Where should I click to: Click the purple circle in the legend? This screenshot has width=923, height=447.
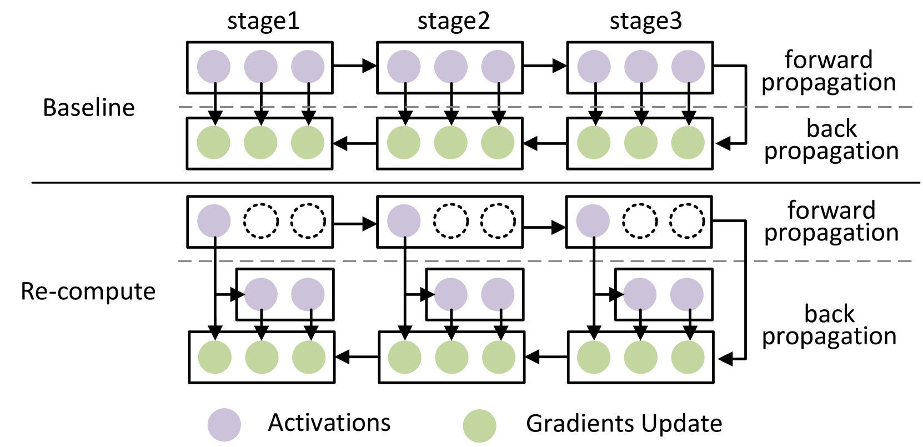[x=224, y=425]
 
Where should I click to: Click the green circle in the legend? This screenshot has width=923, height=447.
[x=479, y=426]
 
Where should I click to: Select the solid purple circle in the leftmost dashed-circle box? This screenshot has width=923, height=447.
[x=214, y=221]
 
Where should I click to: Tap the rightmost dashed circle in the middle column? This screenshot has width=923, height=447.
[x=498, y=221]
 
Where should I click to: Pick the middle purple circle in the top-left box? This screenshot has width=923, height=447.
[x=260, y=67]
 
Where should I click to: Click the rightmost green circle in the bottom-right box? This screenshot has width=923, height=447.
[x=688, y=357]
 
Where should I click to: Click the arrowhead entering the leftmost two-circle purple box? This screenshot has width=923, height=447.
[x=242, y=295]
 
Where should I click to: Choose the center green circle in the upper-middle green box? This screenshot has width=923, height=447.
[x=450, y=143]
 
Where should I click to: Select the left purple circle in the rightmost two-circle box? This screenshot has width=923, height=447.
[x=640, y=294]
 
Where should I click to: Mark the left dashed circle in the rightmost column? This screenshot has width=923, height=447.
[x=640, y=221]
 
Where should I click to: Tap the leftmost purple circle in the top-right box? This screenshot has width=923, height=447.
[x=594, y=67]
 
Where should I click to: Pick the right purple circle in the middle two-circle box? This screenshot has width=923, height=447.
[x=498, y=294]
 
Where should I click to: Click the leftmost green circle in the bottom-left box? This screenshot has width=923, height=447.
[x=214, y=357]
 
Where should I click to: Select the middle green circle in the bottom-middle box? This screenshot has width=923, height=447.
[x=452, y=357]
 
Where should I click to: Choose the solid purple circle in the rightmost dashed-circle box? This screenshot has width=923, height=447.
[x=593, y=221]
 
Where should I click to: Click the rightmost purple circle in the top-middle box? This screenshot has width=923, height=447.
[x=498, y=67]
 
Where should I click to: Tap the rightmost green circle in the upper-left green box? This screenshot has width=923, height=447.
[x=307, y=143]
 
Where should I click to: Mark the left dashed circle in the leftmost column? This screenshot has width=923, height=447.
[x=260, y=221]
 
